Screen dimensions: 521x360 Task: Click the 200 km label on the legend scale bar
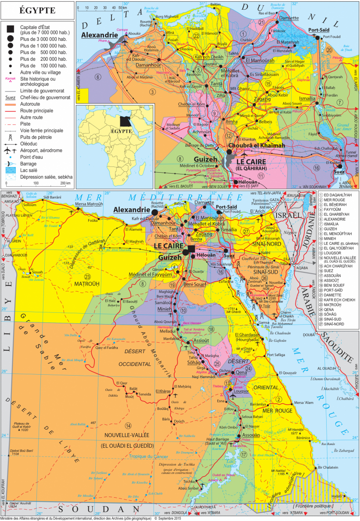[x=65, y=183]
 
